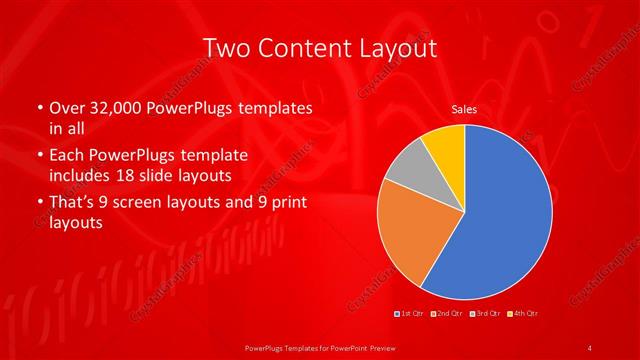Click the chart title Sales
tap(464, 108)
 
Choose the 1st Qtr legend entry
tap(410, 315)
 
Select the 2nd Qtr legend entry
tap(447, 315)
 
